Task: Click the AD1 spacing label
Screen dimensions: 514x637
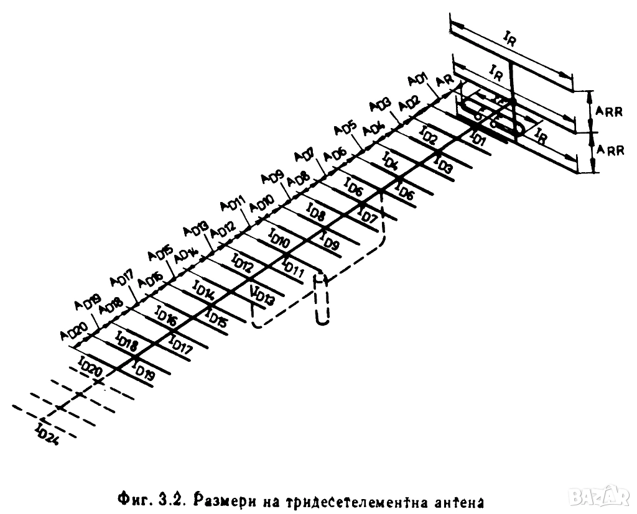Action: pyautogui.click(x=416, y=80)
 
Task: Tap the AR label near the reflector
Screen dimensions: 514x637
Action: pyautogui.click(x=444, y=81)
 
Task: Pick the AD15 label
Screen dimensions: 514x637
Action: pyautogui.click(x=159, y=254)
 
